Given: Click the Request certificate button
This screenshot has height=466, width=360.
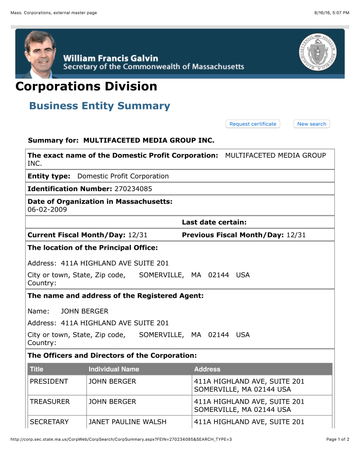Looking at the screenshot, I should click(252, 124).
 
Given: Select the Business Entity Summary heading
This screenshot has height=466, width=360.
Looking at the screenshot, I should click(99, 106).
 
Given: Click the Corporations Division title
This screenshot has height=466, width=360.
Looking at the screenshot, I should click(86, 86).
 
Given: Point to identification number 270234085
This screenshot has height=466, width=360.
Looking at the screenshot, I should click(133, 189).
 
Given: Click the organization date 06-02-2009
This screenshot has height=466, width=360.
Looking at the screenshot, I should click(47, 210).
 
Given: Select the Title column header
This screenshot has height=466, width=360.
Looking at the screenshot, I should click(37, 369).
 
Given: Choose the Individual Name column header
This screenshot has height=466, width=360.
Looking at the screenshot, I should click(114, 369).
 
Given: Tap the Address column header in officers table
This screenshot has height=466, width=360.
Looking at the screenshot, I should click(207, 369).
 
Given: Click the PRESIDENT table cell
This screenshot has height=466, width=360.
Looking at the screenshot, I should click(49, 382).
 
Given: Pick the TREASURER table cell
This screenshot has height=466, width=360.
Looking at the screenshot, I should click(49, 402).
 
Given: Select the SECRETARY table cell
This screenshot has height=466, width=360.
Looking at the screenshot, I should click(49, 422).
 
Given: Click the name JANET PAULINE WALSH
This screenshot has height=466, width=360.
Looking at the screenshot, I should click(127, 422).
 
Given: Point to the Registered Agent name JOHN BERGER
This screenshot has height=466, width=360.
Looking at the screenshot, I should click(84, 311).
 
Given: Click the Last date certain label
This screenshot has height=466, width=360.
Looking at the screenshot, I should click(214, 222).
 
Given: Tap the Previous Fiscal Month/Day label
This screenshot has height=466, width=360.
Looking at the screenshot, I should click(233, 235).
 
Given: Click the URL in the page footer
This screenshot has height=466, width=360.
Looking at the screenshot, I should click(121, 439).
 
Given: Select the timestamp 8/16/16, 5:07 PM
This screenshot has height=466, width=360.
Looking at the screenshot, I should click(332, 12).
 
